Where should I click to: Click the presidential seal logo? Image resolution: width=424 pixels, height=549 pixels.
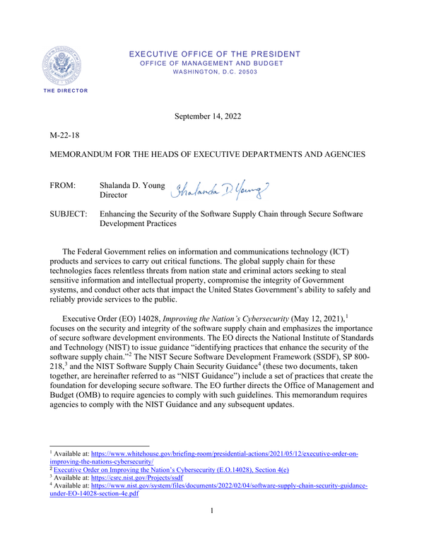pos(68,64)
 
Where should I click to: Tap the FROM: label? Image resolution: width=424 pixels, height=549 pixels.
pos(65,186)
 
